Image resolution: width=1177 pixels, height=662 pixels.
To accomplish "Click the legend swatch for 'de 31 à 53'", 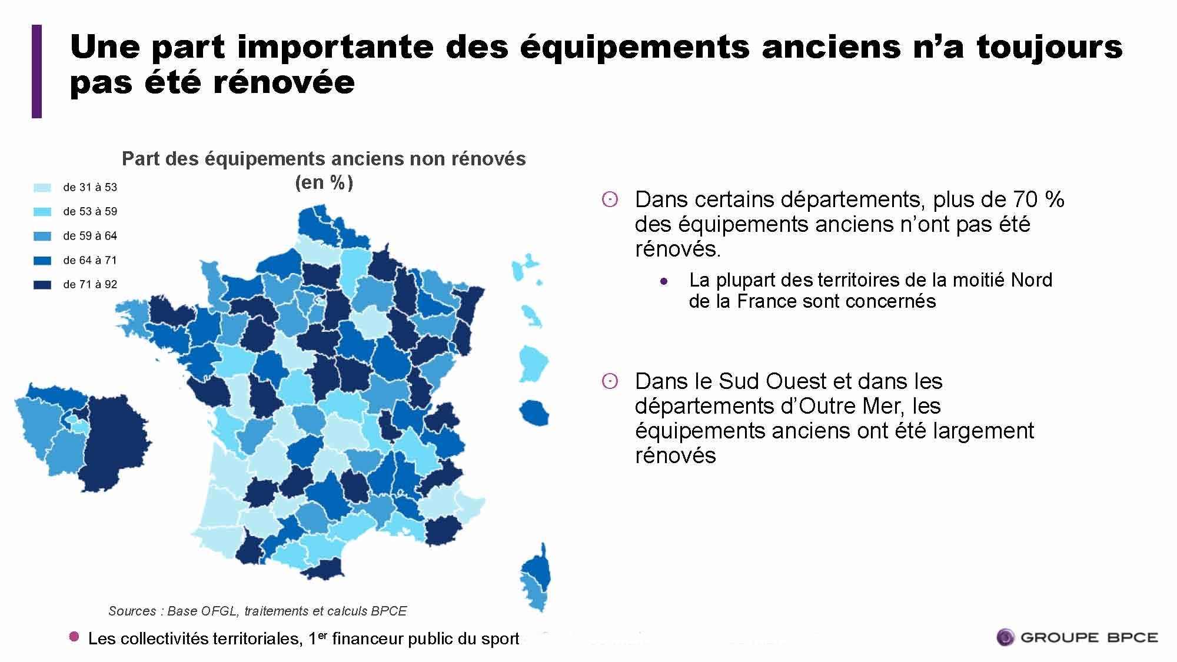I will (x=42, y=188).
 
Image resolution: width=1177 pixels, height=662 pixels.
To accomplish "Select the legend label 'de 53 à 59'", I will (x=90, y=211).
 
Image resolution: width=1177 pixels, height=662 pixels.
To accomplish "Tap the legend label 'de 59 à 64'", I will (x=90, y=236).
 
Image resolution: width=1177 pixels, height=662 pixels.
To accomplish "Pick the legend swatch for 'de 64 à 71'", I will (x=42, y=261).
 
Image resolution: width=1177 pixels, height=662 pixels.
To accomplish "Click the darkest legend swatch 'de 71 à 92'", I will (x=42, y=285).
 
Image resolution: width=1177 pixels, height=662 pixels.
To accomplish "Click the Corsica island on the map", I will (x=536, y=580).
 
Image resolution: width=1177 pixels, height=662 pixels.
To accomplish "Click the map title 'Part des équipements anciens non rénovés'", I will (x=324, y=159).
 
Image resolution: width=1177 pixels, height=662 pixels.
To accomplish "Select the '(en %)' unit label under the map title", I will (x=324, y=182).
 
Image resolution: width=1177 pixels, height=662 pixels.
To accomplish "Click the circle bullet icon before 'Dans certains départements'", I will (x=610, y=200).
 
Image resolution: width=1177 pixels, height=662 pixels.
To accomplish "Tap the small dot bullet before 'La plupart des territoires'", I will (x=664, y=281).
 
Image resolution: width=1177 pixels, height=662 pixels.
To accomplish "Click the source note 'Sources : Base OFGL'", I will (x=257, y=611).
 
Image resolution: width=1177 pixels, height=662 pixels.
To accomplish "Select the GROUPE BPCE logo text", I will (x=1089, y=637).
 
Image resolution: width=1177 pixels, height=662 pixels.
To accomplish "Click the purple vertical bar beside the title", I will (x=36, y=71).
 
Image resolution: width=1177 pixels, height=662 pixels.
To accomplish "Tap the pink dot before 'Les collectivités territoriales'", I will (x=74, y=637).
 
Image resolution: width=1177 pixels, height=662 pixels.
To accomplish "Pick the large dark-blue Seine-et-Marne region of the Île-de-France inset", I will (x=115, y=441).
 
